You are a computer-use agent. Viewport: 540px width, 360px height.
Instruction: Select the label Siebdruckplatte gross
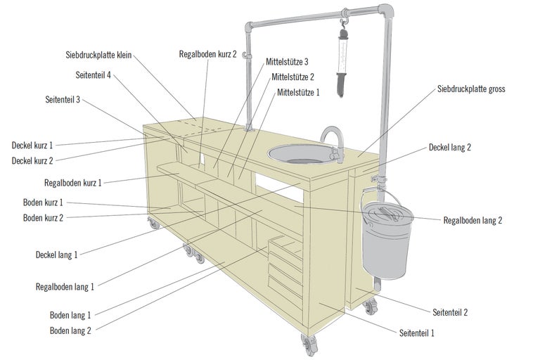click(x=471, y=89)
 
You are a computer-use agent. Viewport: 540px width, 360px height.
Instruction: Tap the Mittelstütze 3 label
click(x=288, y=62)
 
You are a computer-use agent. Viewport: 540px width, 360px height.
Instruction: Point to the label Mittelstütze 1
click(x=298, y=92)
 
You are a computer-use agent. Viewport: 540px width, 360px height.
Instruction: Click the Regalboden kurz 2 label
click(x=208, y=53)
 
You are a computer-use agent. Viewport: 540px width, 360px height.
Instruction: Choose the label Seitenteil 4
click(x=93, y=75)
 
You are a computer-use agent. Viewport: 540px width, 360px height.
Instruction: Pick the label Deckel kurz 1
click(x=32, y=146)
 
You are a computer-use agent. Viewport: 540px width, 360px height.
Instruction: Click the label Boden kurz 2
click(x=43, y=218)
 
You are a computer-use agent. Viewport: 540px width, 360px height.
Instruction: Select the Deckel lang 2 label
click(x=449, y=148)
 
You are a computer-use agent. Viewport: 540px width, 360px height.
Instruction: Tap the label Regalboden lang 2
click(x=472, y=220)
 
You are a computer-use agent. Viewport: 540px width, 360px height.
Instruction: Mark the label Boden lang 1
click(x=70, y=315)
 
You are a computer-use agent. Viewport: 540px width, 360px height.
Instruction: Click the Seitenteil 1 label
click(x=417, y=333)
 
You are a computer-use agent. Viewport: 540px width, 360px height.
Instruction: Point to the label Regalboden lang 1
click(x=65, y=286)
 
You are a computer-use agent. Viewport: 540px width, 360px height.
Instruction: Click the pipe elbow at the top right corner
click(x=386, y=13)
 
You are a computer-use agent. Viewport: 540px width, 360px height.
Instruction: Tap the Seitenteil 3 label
click(x=63, y=100)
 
